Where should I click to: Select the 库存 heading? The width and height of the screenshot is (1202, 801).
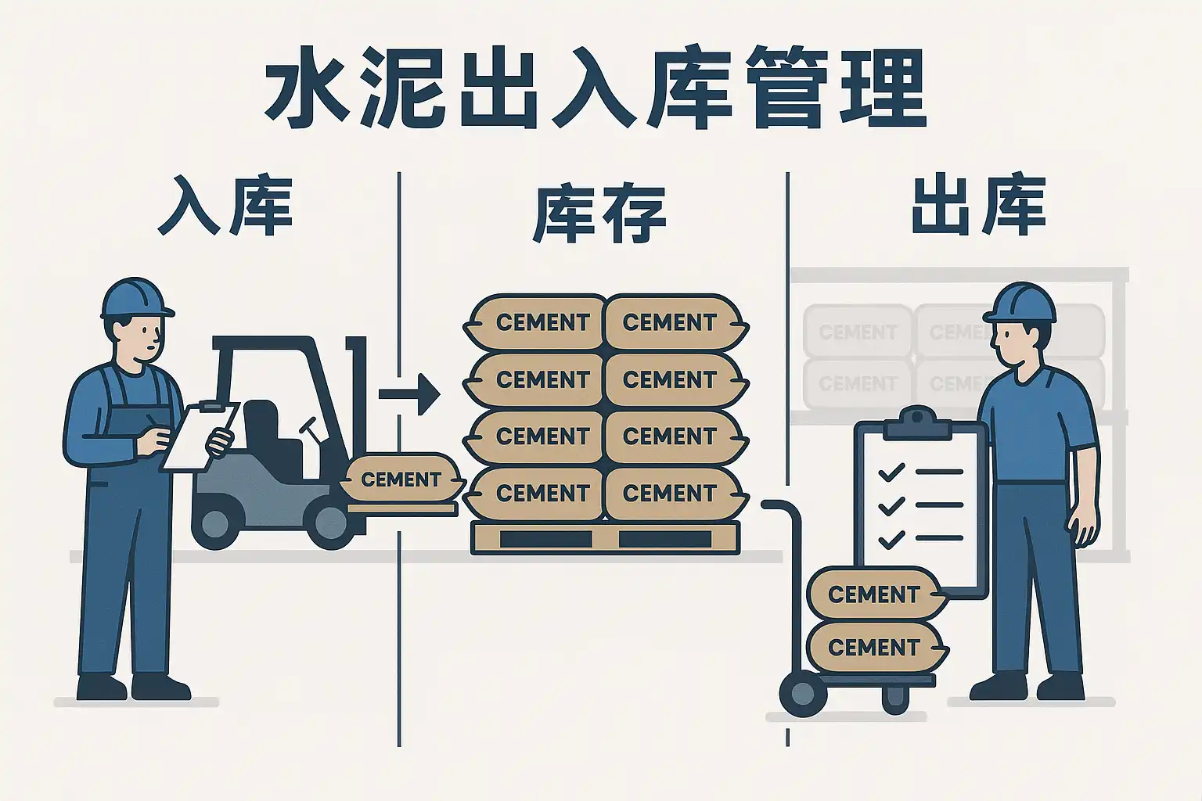tap(599, 213)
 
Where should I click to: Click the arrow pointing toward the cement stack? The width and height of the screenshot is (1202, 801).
tap(411, 393)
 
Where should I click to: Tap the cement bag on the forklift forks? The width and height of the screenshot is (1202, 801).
tap(401, 479)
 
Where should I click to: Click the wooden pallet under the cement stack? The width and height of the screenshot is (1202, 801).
tap(605, 538)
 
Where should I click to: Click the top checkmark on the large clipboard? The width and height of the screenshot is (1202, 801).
tap(891, 472)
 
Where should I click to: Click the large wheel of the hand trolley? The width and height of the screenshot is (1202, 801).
tap(803, 693)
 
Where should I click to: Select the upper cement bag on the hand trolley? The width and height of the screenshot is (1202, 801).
tap(873, 594)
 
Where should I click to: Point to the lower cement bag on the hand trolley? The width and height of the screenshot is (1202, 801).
tap(873, 648)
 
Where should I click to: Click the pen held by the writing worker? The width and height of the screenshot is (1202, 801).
tap(151, 420)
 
